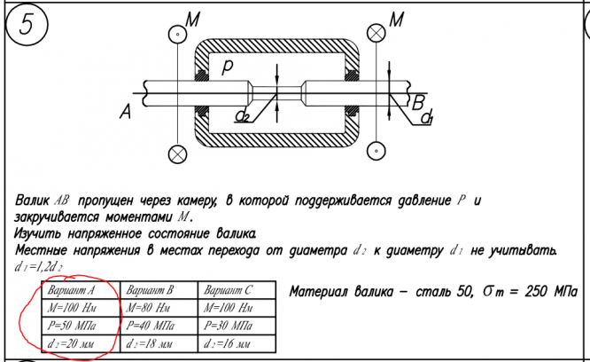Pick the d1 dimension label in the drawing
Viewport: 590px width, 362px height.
click(x=427, y=118)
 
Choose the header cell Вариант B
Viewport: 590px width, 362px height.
click(x=151, y=290)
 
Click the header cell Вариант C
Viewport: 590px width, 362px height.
click(x=229, y=290)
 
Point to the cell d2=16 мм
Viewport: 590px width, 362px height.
click(x=229, y=342)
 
